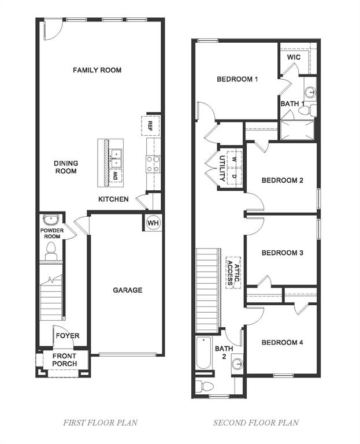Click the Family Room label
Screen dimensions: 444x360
click(97, 70)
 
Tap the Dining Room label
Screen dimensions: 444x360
click(66, 167)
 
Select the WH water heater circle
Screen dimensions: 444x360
click(153, 223)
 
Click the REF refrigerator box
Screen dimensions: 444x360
click(150, 125)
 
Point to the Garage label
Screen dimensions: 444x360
click(127, 290)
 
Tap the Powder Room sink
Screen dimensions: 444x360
click(51, 220)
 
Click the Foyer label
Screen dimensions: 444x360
click(68, 336)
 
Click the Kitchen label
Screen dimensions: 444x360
click(113, 199)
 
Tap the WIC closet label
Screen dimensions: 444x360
click(294, 58)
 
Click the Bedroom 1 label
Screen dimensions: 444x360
click(237, 79)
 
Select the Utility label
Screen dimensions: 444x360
click(222, 168)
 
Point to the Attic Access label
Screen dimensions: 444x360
click(233, 272)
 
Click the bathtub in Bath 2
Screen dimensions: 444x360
click(204, 354)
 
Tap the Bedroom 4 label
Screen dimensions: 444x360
click(282, 343)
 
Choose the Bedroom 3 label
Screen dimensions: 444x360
click(282, 253)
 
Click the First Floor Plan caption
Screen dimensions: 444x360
click(100, 423)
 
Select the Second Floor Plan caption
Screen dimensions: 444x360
click(256, 423)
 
